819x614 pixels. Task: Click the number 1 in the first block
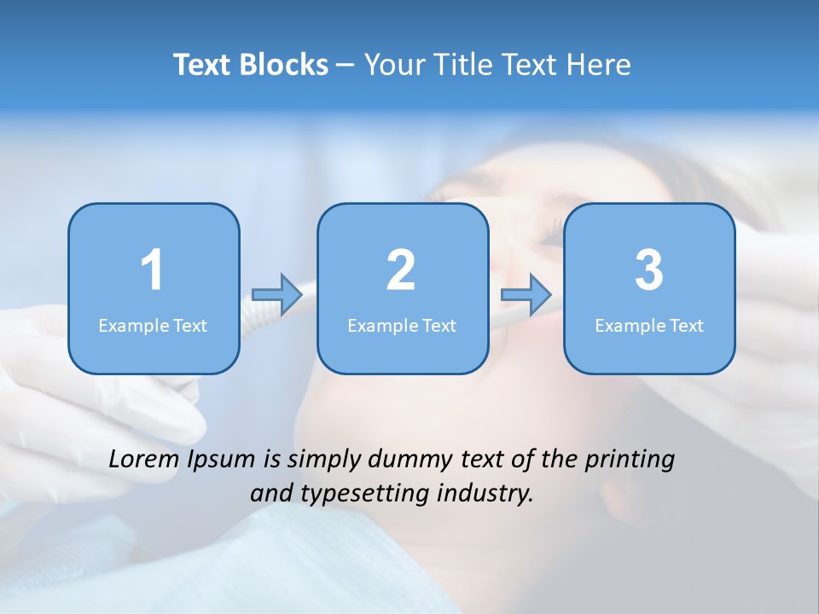coord(152,270)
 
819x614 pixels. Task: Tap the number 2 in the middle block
coord(401,270)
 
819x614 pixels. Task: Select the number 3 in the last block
coord(648,270)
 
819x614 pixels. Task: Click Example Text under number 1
coord(153,325)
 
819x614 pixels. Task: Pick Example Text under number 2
coord(402,325)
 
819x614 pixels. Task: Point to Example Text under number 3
coord(649,325)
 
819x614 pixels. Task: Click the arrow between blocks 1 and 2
coord(277,294)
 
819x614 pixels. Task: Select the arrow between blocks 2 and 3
coord(526,294)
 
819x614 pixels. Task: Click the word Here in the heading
coord(597,65)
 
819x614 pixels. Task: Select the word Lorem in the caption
coord(142,459)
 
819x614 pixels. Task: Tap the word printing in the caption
coord(629,460)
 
